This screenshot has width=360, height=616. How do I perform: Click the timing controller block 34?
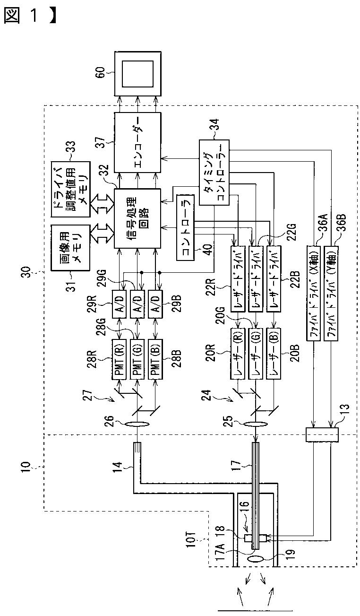214,173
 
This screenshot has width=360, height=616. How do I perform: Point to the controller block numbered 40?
185,227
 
